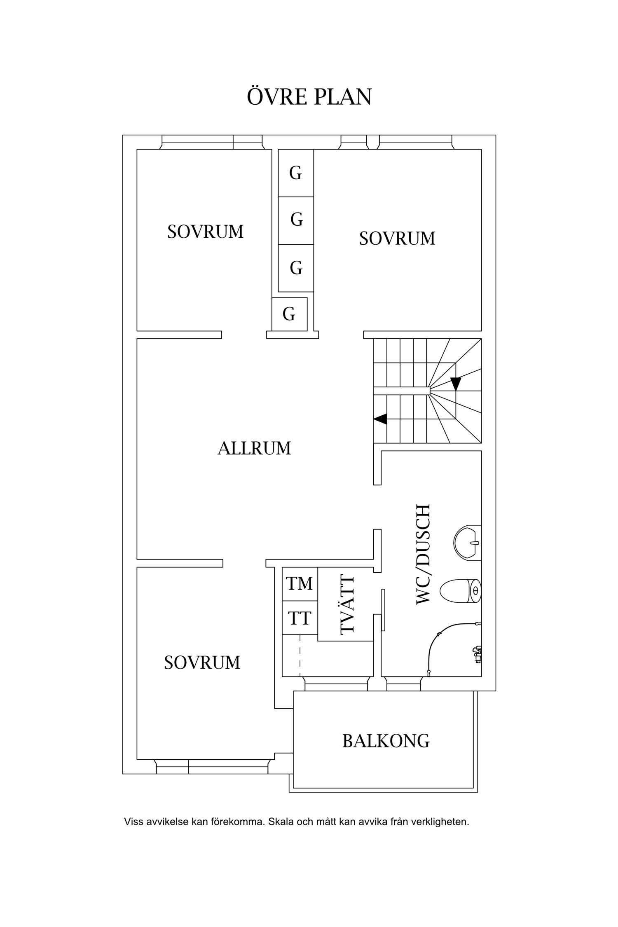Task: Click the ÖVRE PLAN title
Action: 309,97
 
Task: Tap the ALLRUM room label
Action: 254,448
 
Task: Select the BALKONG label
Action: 386,741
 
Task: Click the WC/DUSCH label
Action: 423,555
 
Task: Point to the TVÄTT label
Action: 347,611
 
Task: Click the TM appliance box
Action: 300,584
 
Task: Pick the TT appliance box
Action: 300,618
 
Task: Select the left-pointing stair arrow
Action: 380,419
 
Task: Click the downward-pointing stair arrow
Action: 455,384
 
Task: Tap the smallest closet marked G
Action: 289,314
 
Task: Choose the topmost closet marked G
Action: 296,173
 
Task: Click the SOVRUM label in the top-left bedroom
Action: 205,232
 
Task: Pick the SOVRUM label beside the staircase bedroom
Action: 397,239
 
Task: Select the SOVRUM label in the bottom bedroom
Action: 202,662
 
